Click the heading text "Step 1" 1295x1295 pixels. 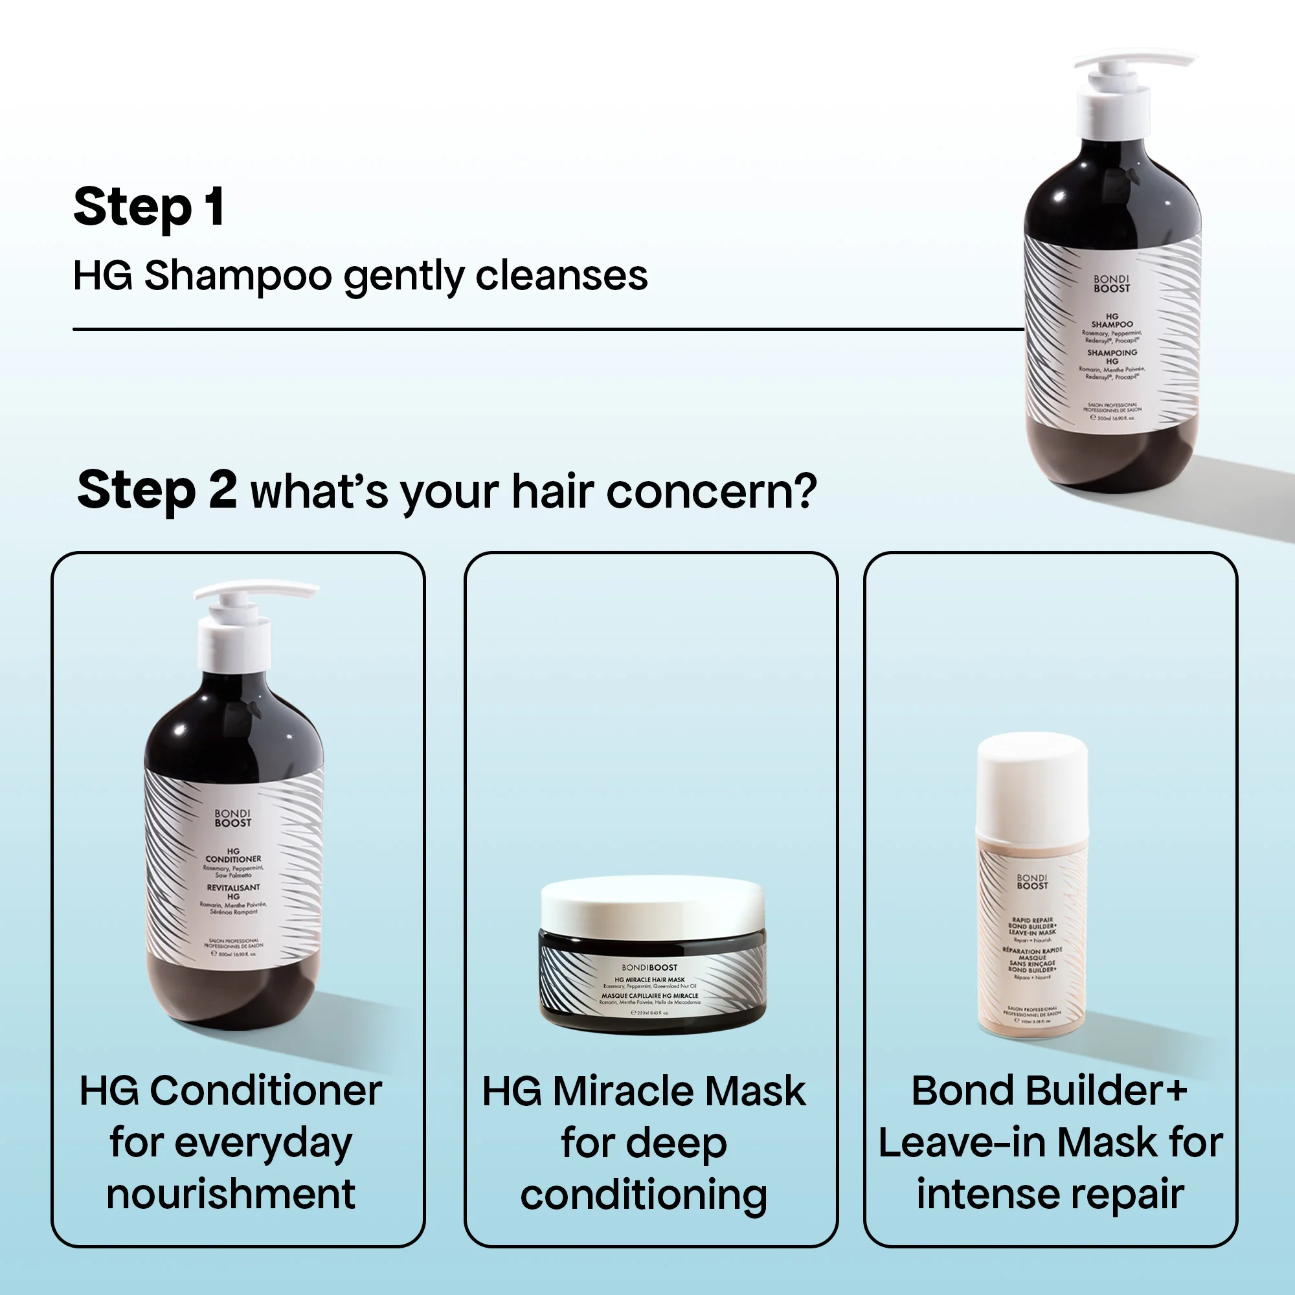point(149,207)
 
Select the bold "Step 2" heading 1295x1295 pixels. point(156,490)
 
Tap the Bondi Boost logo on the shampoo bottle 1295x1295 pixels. point(1111,284)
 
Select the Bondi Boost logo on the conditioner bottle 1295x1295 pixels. point(232,818)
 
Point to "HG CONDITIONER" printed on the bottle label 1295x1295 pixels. point(233,855)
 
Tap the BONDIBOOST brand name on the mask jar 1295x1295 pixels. point(649,967)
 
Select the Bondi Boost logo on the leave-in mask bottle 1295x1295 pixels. point(1031,881)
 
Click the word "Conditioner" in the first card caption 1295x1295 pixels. point(265,1091)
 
